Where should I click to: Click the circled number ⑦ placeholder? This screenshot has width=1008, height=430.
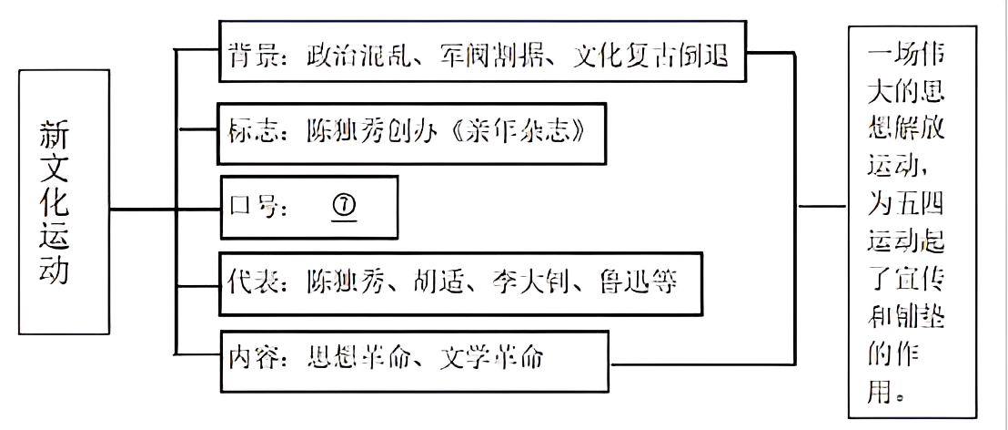tap(347, 208)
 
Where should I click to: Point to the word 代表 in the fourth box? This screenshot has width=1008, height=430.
tap(248, 282)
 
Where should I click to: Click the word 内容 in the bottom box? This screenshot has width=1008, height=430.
tap(248, 357)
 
